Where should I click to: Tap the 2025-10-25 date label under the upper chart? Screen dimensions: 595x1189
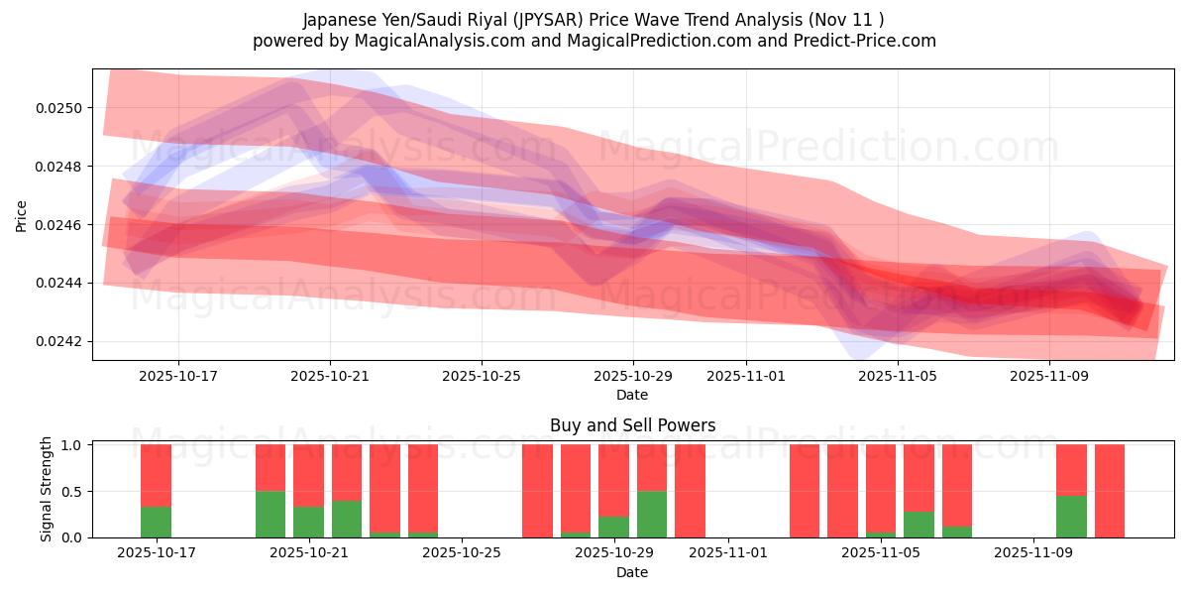click(x=482, y=377)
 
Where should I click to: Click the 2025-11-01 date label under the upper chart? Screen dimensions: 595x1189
click(x=746, y=377)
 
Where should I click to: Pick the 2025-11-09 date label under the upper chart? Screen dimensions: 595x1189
click(x=1049, y=377)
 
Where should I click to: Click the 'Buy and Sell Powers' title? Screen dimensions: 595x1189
click(x=632, y=425)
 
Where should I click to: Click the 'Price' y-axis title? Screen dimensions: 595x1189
click(x=22, y=215)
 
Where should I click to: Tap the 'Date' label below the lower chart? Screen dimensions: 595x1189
click(x=632, y=572)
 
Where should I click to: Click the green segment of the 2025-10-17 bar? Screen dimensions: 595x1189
click(x=156, y=522)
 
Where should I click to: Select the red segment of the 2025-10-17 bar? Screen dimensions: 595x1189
click(x=156, y=475)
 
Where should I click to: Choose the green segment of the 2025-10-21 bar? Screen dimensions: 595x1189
click(x=308, y=522)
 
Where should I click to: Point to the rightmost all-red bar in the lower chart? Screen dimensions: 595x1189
click(x=1110, y=491)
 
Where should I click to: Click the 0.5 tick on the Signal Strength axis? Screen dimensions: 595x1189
click(x=74, y=491)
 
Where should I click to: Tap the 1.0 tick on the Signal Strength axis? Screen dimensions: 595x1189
click(x=74, y=445)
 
